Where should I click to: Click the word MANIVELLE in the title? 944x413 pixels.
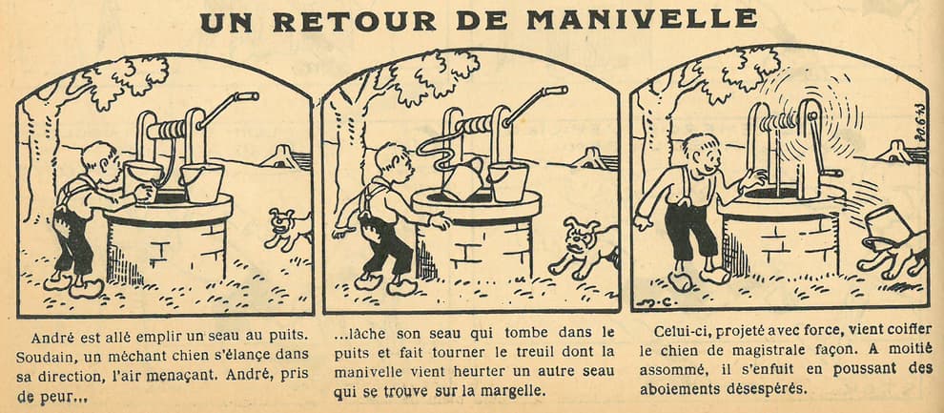(642, 20)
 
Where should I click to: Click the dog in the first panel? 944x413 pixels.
(290, 229)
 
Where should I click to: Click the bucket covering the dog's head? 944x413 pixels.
(884, 228)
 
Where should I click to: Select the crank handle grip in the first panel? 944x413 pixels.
(247, 96)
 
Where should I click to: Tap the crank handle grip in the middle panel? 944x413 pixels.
(555, 92)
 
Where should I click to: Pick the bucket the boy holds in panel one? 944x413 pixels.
(142, 180)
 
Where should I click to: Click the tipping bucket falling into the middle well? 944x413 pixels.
(462, 179)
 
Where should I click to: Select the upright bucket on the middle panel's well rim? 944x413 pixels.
(507, 182)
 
